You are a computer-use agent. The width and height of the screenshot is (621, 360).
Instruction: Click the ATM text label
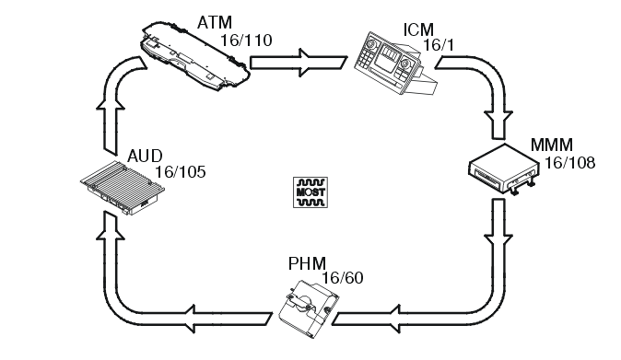pyautogui.click(x=215, y=21)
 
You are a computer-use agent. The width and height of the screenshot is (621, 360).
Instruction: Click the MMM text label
pyautogui.click(x=551, y=145)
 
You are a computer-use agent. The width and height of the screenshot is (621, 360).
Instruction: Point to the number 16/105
pyautogui.click(x=180, y=171)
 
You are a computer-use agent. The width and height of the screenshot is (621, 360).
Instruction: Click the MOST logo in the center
pyautogui.click(x=307, y=191)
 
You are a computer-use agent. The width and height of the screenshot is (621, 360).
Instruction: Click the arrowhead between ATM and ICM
pyautogui.click(x=306, y=64)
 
